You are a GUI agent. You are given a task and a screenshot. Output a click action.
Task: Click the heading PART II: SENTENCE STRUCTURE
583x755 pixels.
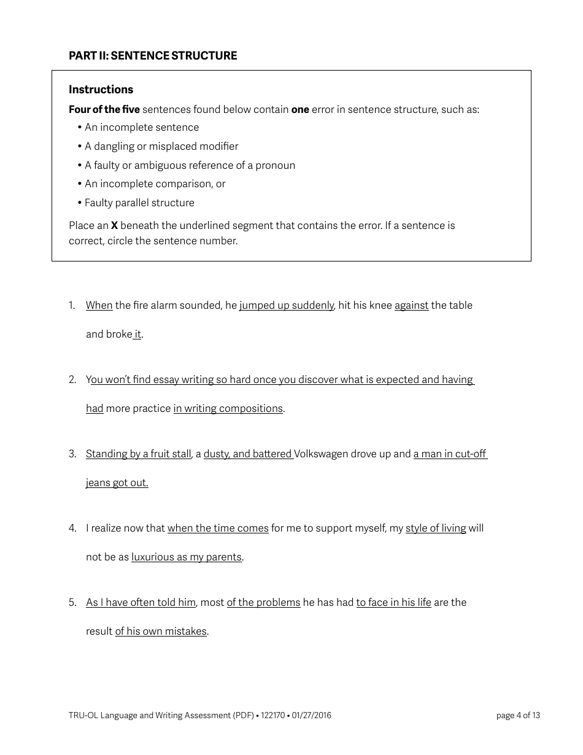153,56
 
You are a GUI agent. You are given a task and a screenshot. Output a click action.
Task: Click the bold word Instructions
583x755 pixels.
101,90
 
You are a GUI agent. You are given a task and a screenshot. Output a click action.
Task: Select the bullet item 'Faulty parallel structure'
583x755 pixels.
139,203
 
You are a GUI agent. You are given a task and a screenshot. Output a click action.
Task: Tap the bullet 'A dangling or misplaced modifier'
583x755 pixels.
161,146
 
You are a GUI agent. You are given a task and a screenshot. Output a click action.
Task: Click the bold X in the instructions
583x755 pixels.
114,225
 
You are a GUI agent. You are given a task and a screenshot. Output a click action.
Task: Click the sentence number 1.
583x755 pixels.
72,305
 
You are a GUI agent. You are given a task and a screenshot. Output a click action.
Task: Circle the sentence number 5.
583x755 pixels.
72,602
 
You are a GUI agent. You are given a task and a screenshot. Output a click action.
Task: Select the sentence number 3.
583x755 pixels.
72,454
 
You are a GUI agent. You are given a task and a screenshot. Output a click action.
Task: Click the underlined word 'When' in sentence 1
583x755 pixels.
99,305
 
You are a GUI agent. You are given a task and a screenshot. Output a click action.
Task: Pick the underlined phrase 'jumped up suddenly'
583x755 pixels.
287,305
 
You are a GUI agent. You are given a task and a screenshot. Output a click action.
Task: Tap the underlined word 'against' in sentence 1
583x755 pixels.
411,305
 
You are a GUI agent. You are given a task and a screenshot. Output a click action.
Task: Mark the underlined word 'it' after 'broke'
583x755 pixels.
137,334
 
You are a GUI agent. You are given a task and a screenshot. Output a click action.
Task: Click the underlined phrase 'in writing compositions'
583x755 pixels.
228,408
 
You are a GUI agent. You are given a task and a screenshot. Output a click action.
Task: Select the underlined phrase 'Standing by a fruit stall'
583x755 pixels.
138,454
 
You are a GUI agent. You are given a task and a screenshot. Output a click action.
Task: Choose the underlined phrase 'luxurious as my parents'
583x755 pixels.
186,557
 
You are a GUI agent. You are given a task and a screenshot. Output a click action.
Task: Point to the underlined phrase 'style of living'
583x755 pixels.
436,528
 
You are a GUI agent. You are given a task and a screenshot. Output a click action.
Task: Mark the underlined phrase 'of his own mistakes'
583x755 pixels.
161,631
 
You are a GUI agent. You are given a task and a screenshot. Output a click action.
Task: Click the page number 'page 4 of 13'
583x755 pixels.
518,715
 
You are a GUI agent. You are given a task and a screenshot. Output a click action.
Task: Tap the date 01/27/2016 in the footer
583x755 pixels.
311,715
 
